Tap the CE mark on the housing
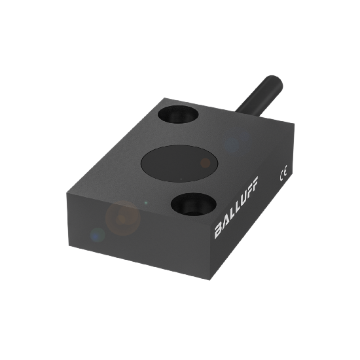pyautogui.click(x=284, y=175)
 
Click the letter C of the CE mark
pyautogui.click(x=282, y=177)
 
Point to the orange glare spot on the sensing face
pyautogui.click(x=205, y=162)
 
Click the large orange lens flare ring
pyautogui.click(x=123, y=219)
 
